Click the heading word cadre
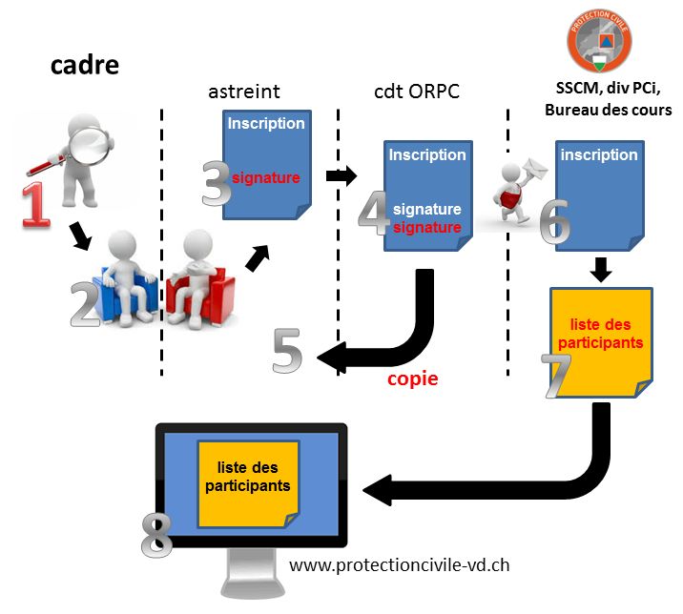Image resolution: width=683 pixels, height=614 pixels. (85, 66)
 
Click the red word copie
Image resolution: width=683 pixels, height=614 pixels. (412, 379)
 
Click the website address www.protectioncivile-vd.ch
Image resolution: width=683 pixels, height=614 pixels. (399, 564)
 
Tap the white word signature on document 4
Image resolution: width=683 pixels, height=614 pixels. (427, 209)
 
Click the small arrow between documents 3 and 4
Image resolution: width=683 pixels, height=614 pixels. (341, 175)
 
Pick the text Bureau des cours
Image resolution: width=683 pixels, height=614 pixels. (609, 111)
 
